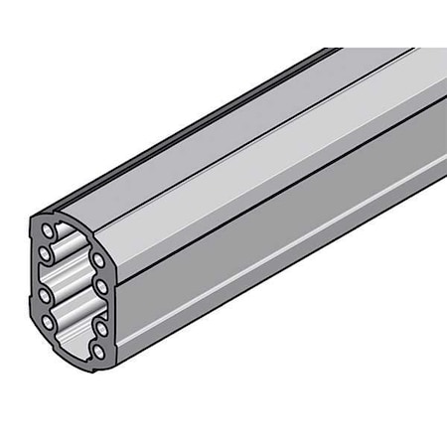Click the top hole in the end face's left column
coord(49,230)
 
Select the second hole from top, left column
coord(46,252)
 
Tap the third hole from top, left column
coord(46,295)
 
